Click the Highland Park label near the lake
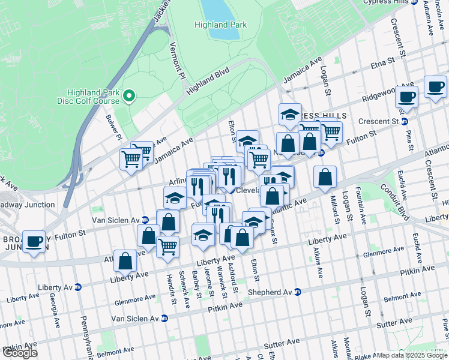pyautogui.click(x=220, y=25)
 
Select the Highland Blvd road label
pyautogui.click(x=208, y=80)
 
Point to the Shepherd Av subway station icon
pyautogui.click(x=298, y=292)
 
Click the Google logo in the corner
pyautogui.click(x=20, y=353)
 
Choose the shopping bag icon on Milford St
pyautogui.click(x=325, y=177)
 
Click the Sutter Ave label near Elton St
pyautogui.click(x=282, y=344)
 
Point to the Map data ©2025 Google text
pyautogui.click(x=412, y=355)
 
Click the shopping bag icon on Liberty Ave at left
pyautogui.click(x=125, y=260)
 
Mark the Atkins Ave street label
pyautogui.click(x=319, y=264)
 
